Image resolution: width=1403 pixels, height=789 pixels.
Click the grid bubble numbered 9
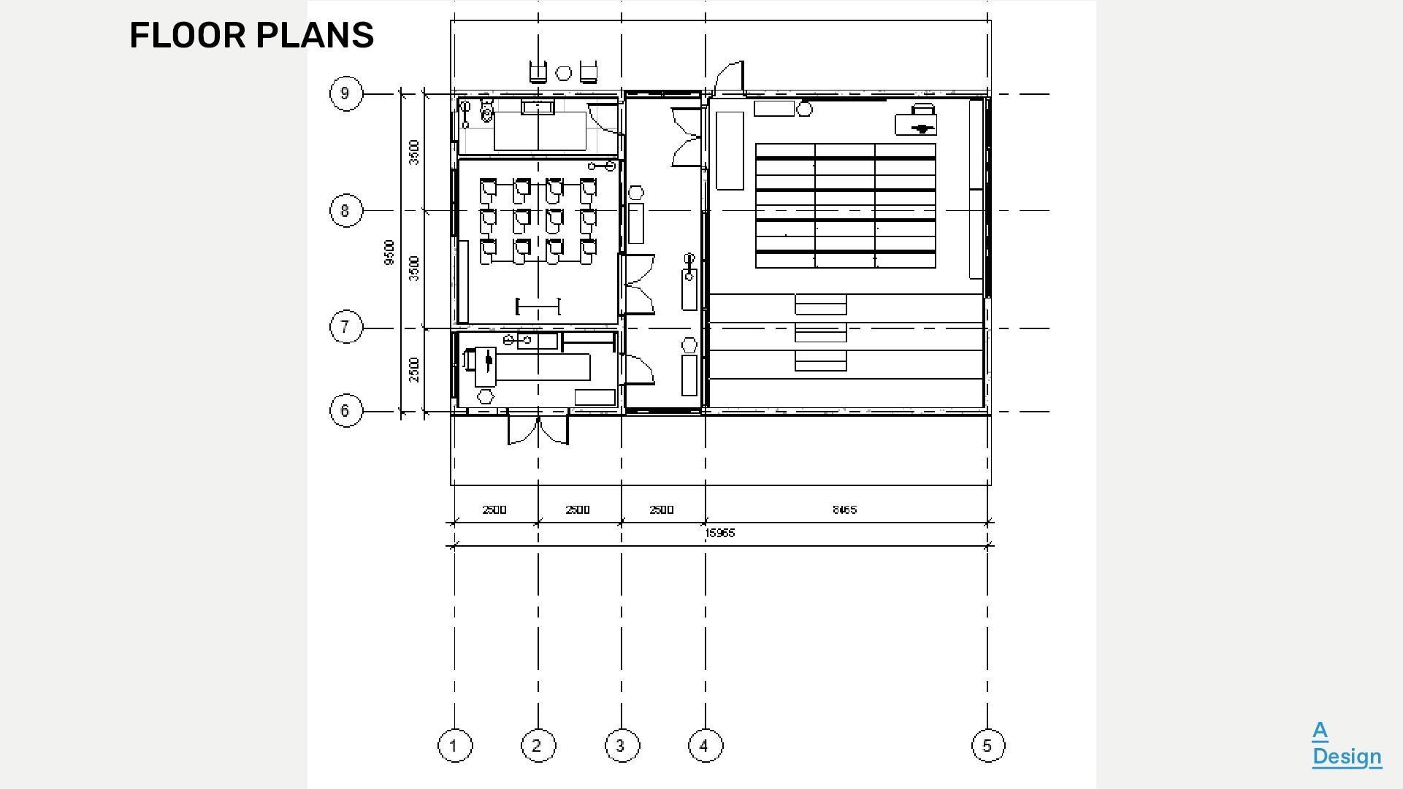(345, 94)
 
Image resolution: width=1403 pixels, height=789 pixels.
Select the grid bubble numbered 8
(345, 211)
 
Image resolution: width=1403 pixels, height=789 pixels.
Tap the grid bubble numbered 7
(345, 326)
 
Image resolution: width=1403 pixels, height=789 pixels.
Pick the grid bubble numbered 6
(345, 411)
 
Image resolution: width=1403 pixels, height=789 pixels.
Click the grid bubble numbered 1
(454, 746)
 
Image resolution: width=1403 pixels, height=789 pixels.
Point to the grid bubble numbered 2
(538, 746)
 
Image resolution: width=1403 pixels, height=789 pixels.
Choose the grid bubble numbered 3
(622, 746)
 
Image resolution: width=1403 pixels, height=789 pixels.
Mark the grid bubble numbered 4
(705, 746)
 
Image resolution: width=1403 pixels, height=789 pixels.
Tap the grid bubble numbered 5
(987, 746)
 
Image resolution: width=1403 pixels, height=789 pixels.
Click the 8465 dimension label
(844, 509)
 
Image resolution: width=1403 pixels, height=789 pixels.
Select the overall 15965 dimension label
(719, 534)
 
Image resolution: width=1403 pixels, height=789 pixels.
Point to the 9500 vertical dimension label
(389, 253)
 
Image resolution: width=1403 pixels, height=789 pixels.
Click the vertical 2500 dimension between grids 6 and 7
(414, 369)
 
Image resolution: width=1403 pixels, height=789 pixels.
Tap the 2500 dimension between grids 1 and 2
(494, 509)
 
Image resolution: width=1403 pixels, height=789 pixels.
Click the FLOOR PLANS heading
(251, 35)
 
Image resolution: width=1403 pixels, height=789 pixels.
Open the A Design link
(1346, 744)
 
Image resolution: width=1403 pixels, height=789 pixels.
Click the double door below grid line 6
(538, 430)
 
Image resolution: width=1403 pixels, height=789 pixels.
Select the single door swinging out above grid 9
(730, 77)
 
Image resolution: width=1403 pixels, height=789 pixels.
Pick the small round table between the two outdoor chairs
(564, 73)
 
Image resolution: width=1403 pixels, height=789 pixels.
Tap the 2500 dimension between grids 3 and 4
(662, 509)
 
